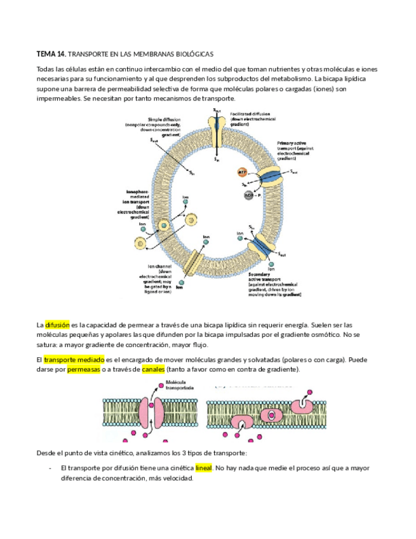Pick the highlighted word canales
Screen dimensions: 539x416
153,369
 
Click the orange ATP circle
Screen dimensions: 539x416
242,172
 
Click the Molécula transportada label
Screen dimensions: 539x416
179,386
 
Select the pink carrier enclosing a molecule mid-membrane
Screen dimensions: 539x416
272,414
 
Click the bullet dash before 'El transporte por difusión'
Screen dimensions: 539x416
50,468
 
